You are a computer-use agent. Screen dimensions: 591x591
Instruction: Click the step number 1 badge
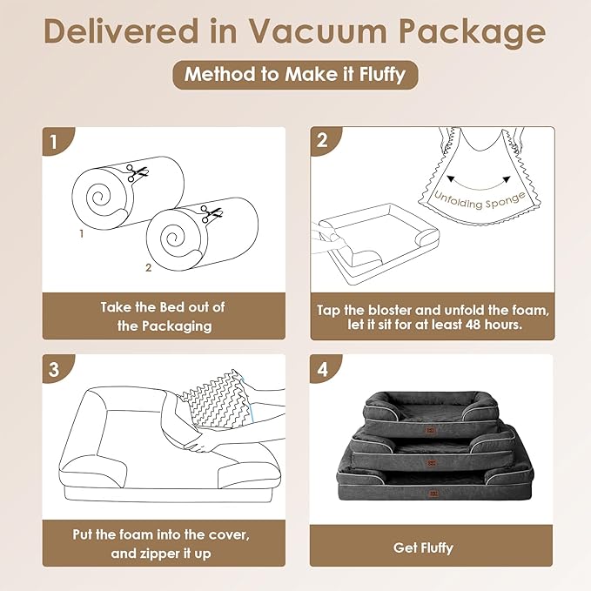point(55,141)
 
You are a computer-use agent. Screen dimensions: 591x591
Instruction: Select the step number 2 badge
point(322,141)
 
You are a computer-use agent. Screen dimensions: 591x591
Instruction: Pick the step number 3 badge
point(55,369)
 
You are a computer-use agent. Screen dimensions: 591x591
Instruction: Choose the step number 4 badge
point(322,369)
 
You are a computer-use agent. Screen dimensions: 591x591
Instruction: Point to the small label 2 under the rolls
point(148,268)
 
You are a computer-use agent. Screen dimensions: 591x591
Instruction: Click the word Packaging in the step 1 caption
point(164,326)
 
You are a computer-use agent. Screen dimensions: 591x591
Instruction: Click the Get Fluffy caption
point(432,547)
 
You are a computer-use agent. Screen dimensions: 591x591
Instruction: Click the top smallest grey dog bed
point(430,408)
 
